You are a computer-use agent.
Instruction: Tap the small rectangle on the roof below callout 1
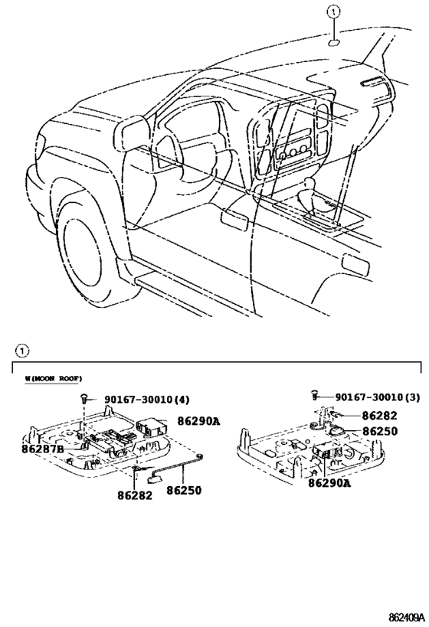coord(335,42)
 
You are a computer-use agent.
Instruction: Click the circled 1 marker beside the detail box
coord(22,351)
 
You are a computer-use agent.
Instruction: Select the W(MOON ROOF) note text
coord(54,378)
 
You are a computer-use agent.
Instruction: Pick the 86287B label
coord(42,449)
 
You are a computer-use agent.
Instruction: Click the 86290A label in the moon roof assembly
coord(198,421)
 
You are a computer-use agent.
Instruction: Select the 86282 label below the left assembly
coord(135,495)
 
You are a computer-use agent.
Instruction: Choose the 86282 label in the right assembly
coord(380,415)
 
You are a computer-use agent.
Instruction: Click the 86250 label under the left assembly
coord(184,490)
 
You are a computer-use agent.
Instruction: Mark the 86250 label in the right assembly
coord(380,432)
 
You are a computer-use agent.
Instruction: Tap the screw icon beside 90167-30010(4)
coord(83,399)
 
